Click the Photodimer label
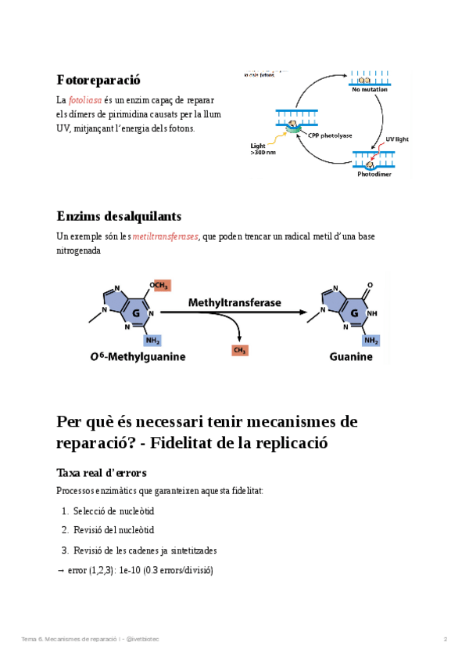click(374, 175)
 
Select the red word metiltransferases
click(165, 236)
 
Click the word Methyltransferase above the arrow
click(234, 301)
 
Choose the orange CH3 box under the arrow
click(240, 351)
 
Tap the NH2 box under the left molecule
click(152, 341)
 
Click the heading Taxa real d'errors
click(102, 473)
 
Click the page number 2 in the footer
click(446, 640)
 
